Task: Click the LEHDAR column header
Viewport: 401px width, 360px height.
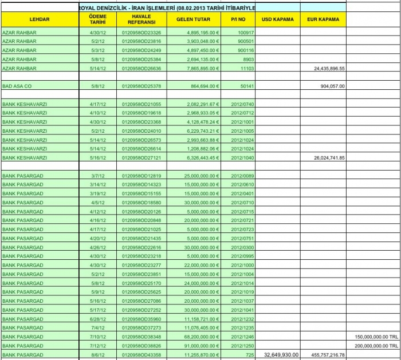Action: coord(40,19)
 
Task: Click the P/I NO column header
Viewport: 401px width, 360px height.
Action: coord(238,19)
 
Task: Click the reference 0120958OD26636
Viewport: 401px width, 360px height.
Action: coord(141,68)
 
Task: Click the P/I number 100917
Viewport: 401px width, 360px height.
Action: coord(246,33)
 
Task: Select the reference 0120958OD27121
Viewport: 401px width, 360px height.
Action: coord(141,157)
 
